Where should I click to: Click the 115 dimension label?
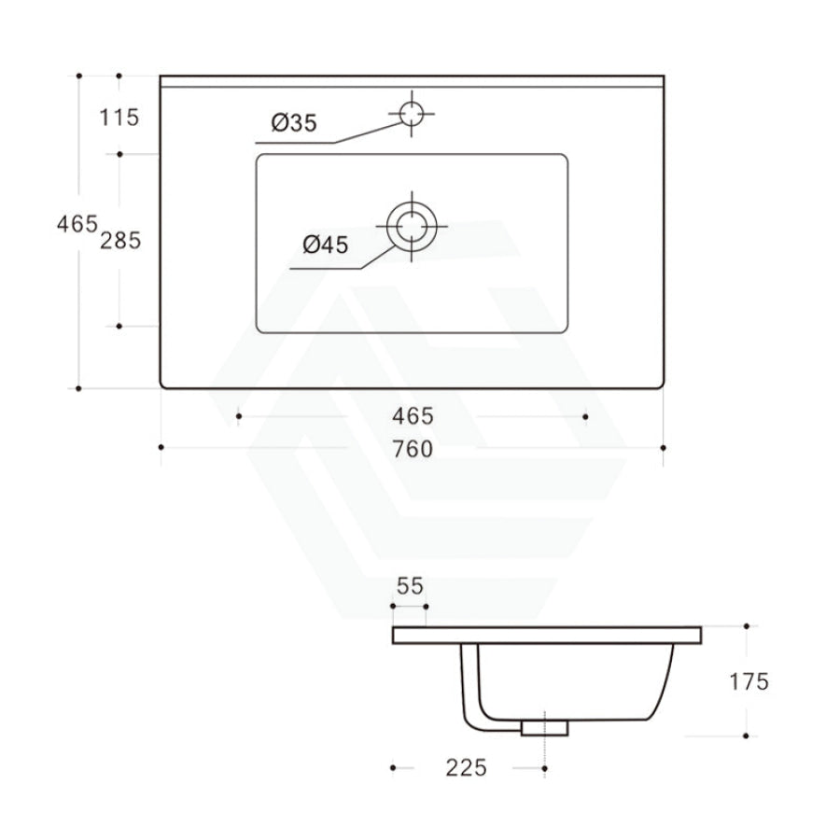click(x=120, y=118)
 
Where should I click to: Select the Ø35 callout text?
click(x=294, y=122)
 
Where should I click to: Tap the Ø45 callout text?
click(x=325, y=245)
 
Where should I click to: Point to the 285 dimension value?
click(x=120, y=240)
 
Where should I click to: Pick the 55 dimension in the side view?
click(x=410, y=586)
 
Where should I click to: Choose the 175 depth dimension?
click(x=749, y=681)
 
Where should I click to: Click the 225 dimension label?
click(x=466, y=767)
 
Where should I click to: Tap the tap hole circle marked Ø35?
click(x=411, y=114)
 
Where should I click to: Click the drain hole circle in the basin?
click(x=411, y=226)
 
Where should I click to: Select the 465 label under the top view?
click(x=413, y=416)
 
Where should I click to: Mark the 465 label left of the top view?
click(x=77, y=224)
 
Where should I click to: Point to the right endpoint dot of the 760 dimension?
click(x=663, y=448)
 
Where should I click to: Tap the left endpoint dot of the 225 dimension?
click(x=394, y=767)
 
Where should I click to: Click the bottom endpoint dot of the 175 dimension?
click(x=747, y=735)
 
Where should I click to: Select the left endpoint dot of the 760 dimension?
click(x=161, y=448)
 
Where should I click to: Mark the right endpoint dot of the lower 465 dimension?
click(x=585, y=416)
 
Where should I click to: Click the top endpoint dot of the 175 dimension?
click(x=747, y=626)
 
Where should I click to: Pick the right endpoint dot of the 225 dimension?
click(x=544, y=767)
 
